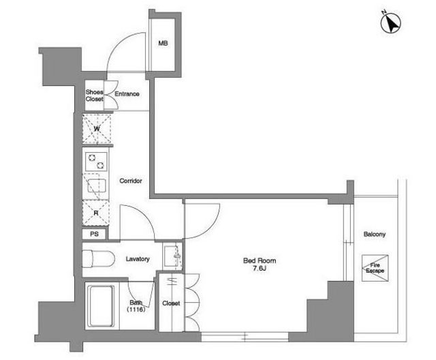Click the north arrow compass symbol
(x=390, y=22)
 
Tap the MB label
(x=163, y=44)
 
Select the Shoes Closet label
(x=94, y=95)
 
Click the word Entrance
(x=127, y=94)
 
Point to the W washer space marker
(x=97, y=129)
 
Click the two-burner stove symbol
(x=96, y=162)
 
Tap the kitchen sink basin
(x=97, y=186)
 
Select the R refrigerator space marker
(x=96, y=213)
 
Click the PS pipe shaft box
(x=94, y=234)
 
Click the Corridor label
(x=131, y=181)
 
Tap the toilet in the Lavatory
(x=98, y=258)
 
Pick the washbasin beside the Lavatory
(x=172, y=256)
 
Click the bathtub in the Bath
(x=101, y=306)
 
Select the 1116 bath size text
(x=136, y=310)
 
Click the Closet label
(x=171, y=303)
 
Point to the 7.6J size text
(x=260, y=269)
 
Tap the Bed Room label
(x=260, y=261)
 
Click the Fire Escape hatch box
(x=375, y=268)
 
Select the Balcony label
(x=375, y=235)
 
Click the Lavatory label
(x=138, y=259)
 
